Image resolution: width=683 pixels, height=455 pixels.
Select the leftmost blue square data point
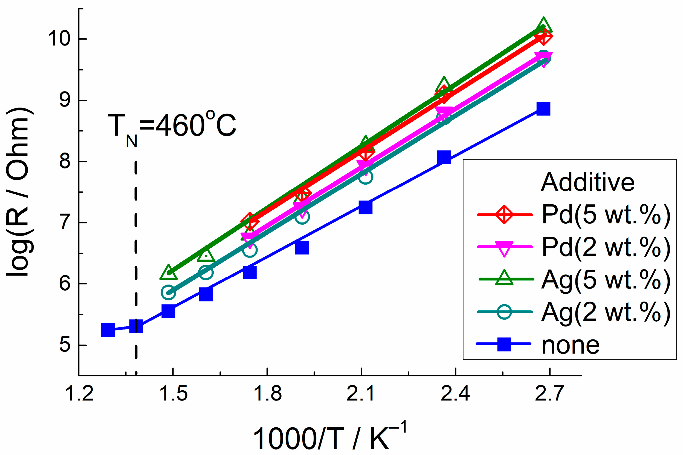tap(108, 330)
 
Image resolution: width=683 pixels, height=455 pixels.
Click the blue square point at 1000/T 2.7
tap(543, 108)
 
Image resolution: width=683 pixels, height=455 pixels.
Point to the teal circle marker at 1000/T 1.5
tap(168, 293)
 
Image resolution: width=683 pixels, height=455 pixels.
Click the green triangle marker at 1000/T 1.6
tap(206, 254)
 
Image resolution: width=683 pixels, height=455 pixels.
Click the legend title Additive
tap(587, 182)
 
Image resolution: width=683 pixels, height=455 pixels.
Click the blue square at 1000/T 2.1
tap(365, 207)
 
